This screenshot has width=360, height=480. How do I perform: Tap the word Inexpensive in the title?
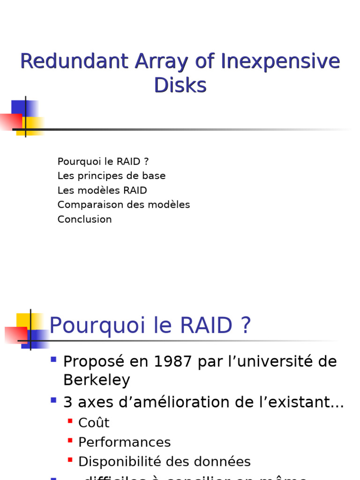(280, 61)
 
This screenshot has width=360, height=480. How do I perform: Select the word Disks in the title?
(180, 85)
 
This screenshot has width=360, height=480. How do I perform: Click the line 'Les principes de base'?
(112, 176)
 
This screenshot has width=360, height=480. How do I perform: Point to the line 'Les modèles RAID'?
(102, 190)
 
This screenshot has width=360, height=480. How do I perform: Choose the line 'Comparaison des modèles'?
(124, 205)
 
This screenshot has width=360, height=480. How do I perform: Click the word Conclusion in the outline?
(84, 219)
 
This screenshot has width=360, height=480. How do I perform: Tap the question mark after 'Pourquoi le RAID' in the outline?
(146, 162)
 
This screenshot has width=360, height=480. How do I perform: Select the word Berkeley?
(97, 380)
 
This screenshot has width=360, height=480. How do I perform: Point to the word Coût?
(94, 423)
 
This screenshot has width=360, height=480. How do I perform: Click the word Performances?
(124, 442)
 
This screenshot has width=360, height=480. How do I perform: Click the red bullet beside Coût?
(70, 421)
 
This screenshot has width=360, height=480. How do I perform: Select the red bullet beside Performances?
(70, 440)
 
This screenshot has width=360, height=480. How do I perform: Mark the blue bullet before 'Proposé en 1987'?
(53, 360)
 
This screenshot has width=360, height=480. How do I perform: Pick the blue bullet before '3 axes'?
(53, 400)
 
